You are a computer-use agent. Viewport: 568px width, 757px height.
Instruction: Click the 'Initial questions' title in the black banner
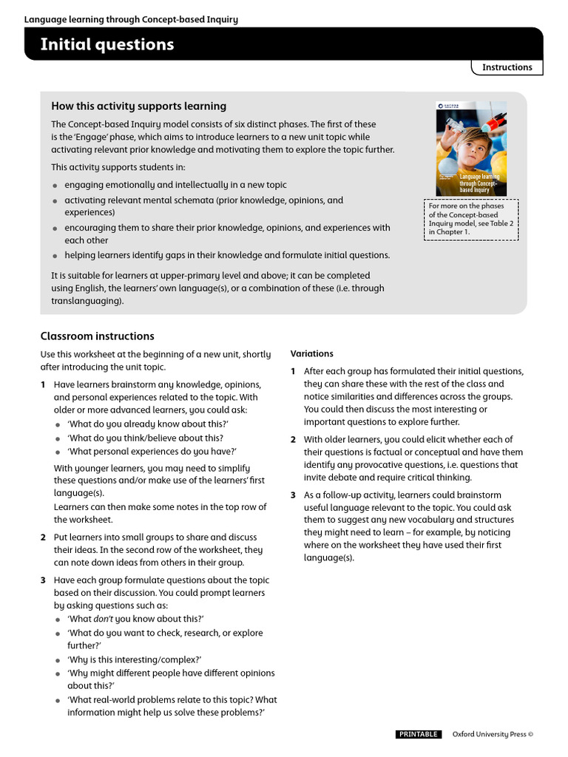[106, 44]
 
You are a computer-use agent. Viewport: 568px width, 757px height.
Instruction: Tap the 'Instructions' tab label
[507, 67]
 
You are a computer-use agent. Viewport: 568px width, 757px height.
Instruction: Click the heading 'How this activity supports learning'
[138, 106]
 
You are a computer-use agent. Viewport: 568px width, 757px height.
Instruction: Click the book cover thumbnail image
[471, 148]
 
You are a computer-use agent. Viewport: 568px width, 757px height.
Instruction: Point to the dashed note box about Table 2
[471, 219]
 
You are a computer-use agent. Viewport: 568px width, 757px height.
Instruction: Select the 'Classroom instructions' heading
[97, 336]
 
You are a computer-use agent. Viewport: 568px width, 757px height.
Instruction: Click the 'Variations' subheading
[311, 353]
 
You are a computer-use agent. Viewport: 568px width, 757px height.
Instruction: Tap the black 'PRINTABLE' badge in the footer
[419, 734]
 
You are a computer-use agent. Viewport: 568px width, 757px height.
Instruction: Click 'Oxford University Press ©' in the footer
[493, 734]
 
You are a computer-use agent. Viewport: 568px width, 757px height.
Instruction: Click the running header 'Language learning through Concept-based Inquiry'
[131, 19]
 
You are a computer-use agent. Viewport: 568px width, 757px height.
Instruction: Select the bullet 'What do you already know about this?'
[148, 423]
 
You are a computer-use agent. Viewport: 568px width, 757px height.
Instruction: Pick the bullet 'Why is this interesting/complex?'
[135, 659]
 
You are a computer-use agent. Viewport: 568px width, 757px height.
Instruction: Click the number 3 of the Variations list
[293, 495]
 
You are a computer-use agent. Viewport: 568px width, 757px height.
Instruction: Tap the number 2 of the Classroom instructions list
[43, 537]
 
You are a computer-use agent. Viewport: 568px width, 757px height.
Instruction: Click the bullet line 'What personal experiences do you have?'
[152, 451]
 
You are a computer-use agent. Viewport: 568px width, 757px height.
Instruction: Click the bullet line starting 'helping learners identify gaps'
[226, 255]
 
